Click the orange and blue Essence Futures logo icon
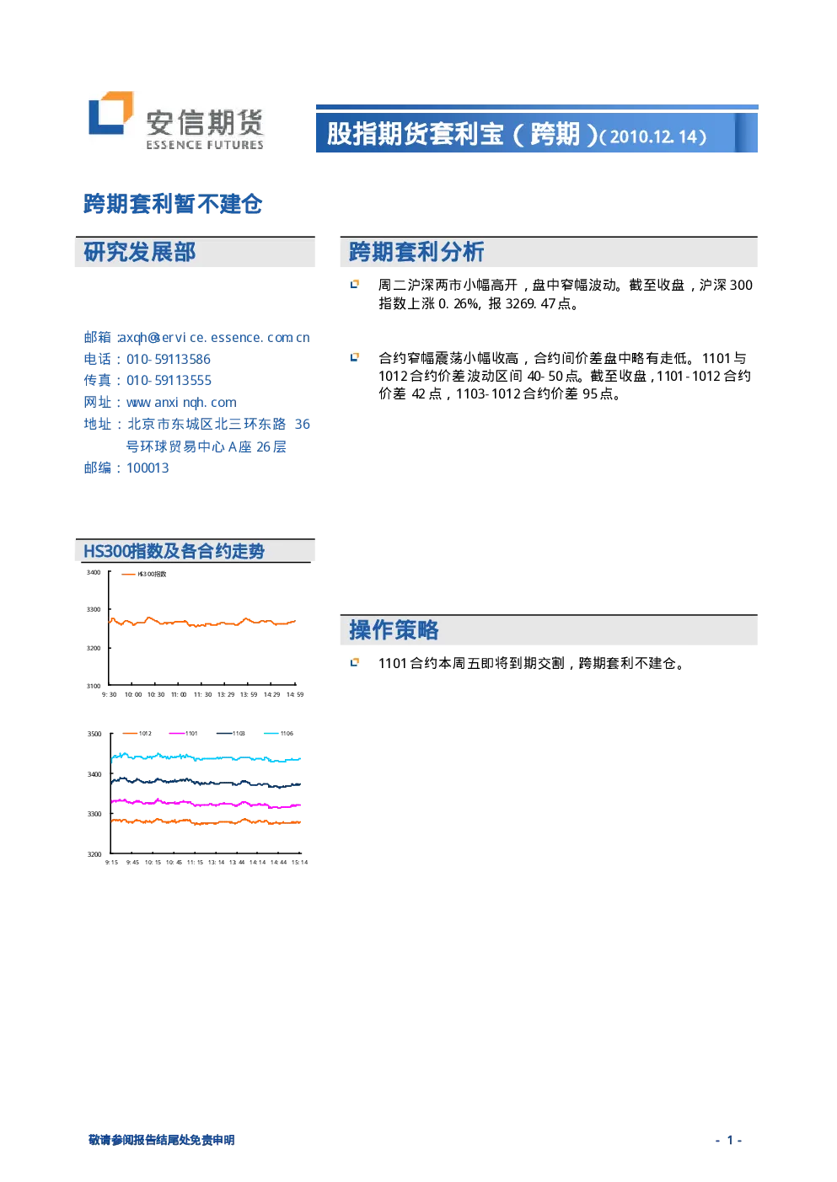pos(111,113)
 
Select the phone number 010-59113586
pos(169,360)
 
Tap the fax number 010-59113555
pos(169,381)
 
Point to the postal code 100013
pos(148,468)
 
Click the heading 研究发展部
pos(140,252)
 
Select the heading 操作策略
pos(394,630)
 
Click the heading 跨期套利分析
pos(416,252)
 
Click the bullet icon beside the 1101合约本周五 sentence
pos(355,662)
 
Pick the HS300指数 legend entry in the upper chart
pos(144,574)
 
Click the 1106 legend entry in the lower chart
pos(278,734)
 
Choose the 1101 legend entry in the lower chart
pos(183,734)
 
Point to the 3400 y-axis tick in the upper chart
pos(94,573)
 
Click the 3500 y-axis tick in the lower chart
pos(94,734)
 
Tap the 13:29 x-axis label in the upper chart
pos(226,695)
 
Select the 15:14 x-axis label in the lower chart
pos(299,862)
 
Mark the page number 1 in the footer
pos(730,1140)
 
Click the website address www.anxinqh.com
pos(182,403)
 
